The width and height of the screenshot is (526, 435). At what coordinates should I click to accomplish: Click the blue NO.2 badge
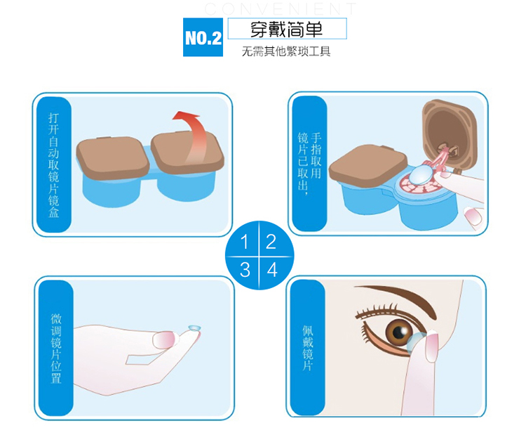tap(203, 37)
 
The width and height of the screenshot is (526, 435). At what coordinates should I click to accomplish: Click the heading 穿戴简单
tap(286, 30)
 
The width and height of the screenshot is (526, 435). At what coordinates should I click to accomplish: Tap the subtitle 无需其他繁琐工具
tap(286, 51)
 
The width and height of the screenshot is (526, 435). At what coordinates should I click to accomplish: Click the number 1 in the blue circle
tap(244, 241)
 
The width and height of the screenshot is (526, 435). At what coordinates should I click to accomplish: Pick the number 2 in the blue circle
tap(271, 241)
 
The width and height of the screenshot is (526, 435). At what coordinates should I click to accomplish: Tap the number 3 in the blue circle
tap(245, 270)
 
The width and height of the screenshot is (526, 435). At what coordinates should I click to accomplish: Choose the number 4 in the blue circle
tap(271, 270)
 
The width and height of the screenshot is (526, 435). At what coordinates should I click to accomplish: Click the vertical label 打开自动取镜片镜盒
tap(54, 164)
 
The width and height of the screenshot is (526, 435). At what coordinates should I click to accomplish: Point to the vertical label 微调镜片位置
tap(56, 349)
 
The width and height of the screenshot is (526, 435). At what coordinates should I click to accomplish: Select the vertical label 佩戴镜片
tap(308, 348)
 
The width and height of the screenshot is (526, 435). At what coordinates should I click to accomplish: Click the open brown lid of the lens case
tap(450, 134)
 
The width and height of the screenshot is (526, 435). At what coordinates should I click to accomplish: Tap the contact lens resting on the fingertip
tap(194, 329)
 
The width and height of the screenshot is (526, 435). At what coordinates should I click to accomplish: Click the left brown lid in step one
tap(113, 157)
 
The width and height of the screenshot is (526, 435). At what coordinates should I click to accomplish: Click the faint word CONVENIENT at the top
tap(280, 8)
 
